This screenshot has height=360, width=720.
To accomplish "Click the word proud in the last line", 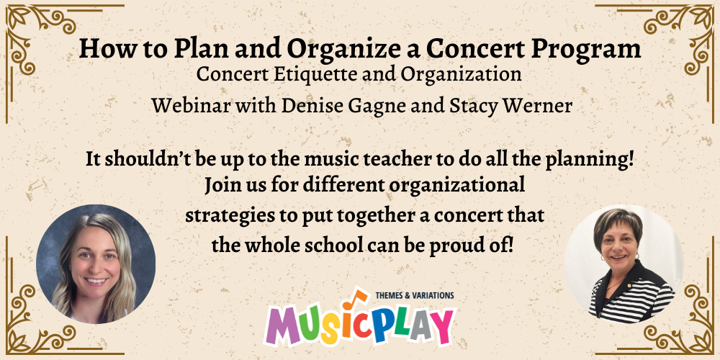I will [x=456, y=243].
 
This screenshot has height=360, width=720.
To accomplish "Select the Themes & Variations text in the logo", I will [x=415, y=295].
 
